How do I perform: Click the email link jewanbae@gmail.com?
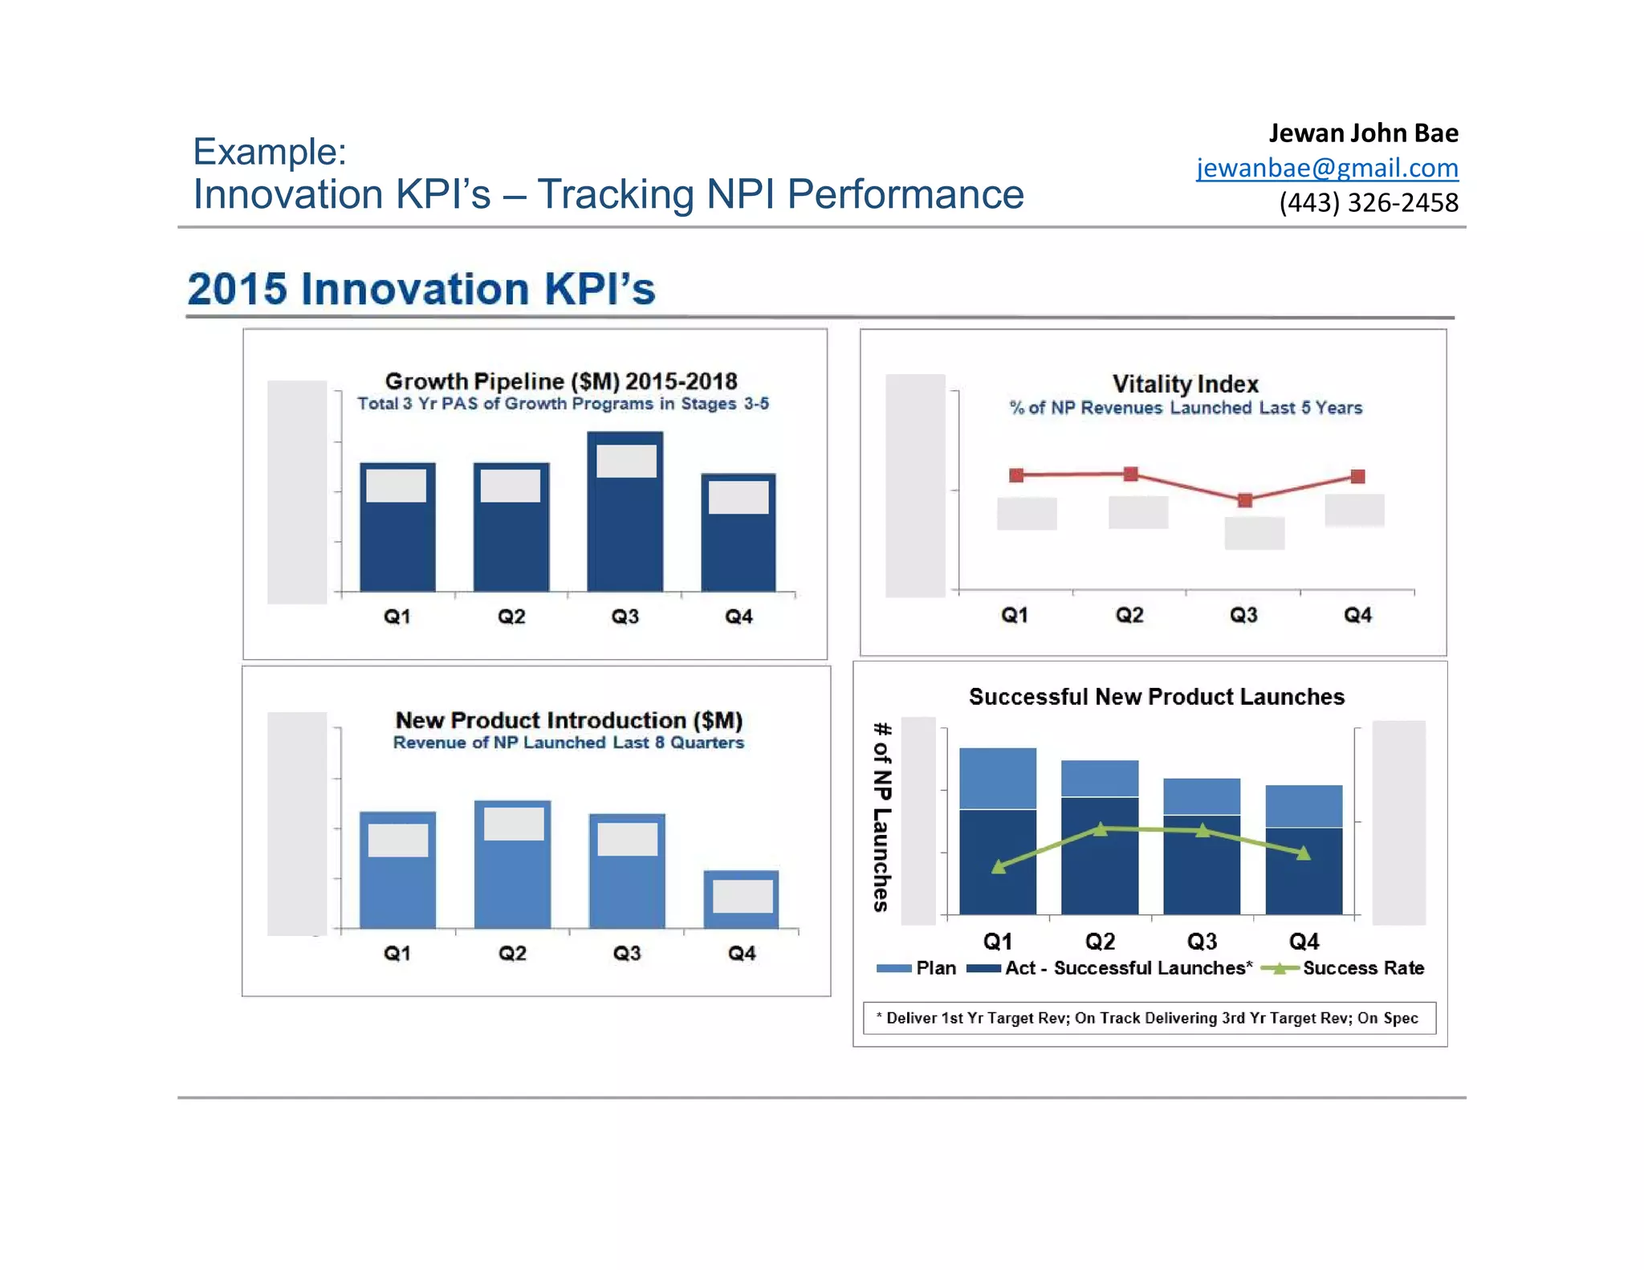point(1326,168)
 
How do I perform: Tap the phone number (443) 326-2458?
point(1368,202)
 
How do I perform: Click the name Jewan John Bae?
point(1363,132)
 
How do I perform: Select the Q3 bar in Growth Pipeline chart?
point(625,538)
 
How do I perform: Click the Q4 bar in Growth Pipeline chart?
point(738,554)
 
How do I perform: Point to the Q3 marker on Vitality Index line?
point(1244,500)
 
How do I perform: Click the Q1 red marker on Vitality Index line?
point(1016,475)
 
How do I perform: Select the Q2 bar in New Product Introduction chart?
point(512,883)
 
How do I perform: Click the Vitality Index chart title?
point(1185,384)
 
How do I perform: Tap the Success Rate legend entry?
point(1362,968)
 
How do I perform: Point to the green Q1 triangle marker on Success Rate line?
point(998,866)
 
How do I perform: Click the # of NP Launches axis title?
point(881,816)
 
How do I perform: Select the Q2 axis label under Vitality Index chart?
point(1129,615)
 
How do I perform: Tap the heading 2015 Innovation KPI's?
point(421,289)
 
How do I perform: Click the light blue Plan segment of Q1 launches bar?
point(998,778)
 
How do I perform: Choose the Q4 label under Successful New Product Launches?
point(1304,941)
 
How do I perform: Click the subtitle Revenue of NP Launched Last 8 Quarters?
point(568,743)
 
